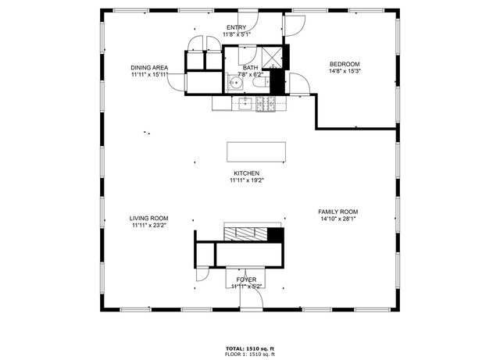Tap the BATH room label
coord(250,67)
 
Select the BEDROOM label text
coord(344,64)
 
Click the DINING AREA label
coord(148,68)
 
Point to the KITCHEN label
coord(246,173)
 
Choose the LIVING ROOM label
coord(148,219)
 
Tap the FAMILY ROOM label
coord(337,212)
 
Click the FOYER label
coord(246,279)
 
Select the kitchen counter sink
coord(243,102)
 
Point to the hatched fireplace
coord(245,232)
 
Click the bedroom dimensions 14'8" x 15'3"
coord(344,71)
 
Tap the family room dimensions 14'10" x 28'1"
coord(337,219)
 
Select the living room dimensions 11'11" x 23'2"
coord(148,226)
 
